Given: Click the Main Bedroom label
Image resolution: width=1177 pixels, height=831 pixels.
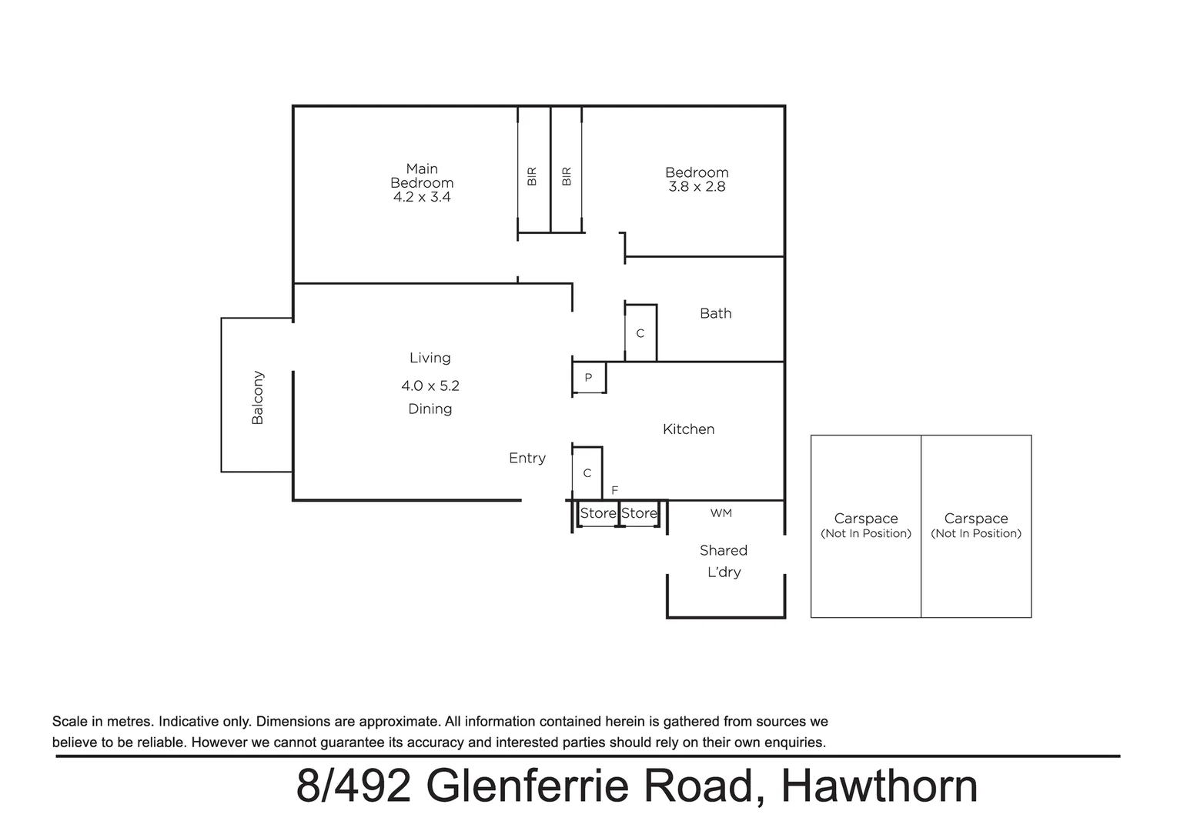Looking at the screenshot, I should [x=422, y=175].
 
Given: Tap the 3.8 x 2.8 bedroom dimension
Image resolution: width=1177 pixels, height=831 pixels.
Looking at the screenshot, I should [x=697, y=187].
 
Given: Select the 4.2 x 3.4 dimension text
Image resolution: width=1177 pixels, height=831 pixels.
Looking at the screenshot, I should [x=422, y=197].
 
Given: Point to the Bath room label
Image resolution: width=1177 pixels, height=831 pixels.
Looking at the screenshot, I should [x=715, y=313].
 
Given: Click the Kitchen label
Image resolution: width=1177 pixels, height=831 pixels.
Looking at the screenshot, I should [x=688, y=429].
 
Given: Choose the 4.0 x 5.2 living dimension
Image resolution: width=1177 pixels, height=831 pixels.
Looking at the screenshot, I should [x=430, y=385].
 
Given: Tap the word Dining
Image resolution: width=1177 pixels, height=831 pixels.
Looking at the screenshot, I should [x=430, y=409].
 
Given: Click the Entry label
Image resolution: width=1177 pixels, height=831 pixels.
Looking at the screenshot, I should [x=527, y=458].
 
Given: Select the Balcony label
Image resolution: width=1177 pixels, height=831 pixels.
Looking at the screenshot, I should [x=258, y=398].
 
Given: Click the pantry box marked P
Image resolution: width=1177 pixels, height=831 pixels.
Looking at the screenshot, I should [x=588, y=378].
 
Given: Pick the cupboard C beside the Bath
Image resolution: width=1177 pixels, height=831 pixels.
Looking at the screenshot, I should [x=640, y=333].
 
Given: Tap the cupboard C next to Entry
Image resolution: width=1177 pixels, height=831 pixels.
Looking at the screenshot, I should [x=587, y=472].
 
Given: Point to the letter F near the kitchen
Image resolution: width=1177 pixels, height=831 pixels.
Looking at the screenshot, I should [x=614, y=490].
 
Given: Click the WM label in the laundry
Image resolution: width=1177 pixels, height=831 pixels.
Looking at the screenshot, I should [x=721, y=513].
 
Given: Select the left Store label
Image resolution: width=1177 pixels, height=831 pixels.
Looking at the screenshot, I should [x=597, y=513].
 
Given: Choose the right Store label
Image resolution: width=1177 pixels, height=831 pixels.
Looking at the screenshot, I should [x=639, y=513].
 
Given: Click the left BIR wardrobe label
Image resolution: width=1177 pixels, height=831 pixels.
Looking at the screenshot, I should [x=532, y=176].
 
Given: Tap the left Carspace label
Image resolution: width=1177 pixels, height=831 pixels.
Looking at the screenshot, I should [x=865, y=519].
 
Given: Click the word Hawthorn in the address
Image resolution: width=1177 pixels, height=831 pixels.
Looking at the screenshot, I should [x=879, y=786].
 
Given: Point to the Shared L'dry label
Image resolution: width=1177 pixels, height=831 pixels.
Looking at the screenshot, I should [x=723, y=561].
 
